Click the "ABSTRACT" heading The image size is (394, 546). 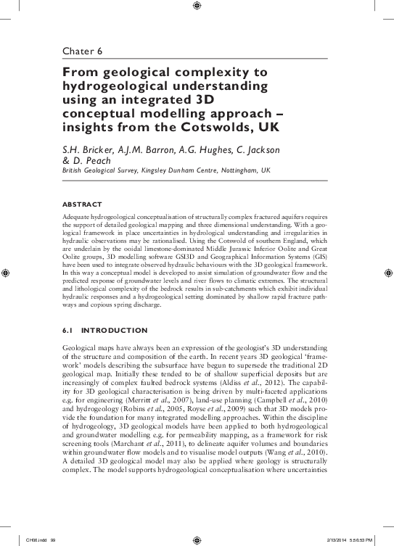(81, 204)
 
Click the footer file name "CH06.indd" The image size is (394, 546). (35, 539)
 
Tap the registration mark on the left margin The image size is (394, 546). (7, 273)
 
